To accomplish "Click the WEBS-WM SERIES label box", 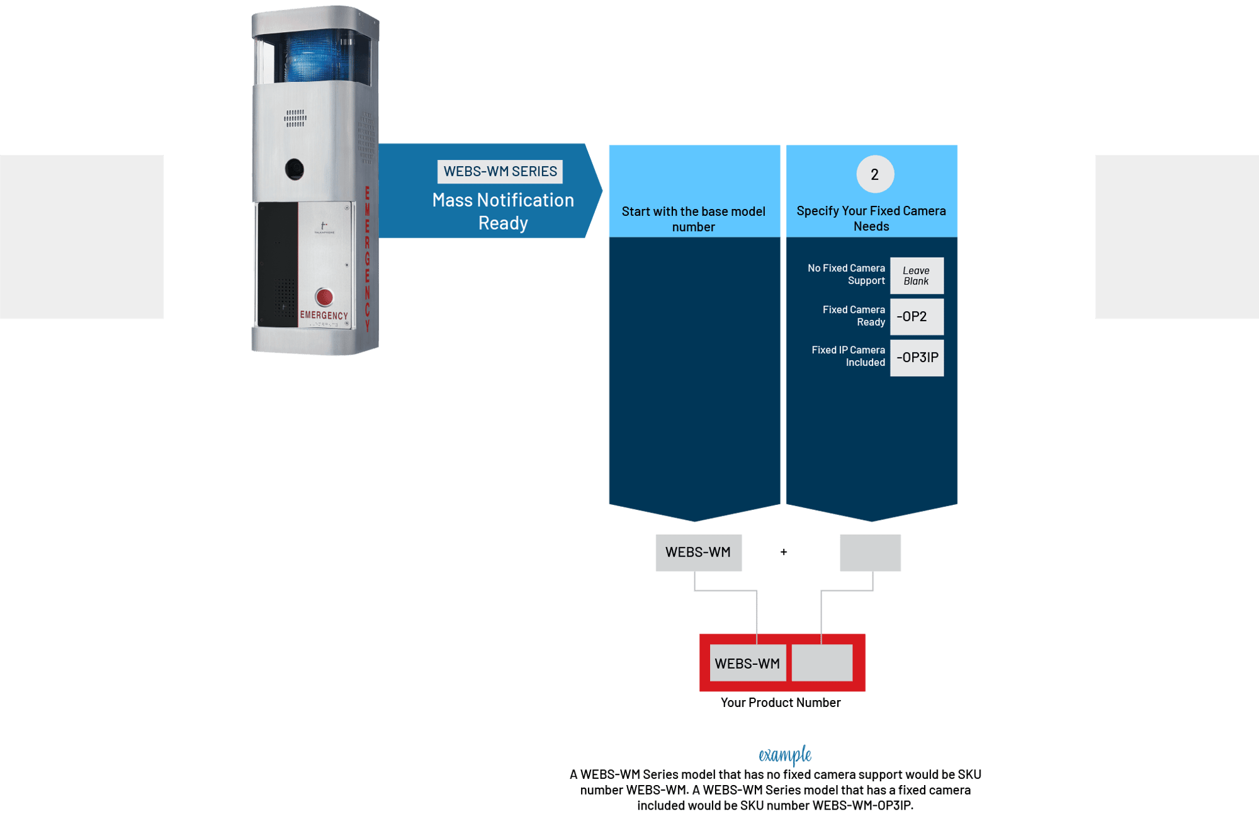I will pyautogui.click(x=500, y=171).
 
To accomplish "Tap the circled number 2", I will pyautogui.click(x=875, y=174).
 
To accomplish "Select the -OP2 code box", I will pyautogui.click(x=917, y=317).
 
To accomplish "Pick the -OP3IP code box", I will pyautogui.click(x=917, y=358).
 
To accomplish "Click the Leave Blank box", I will pyautogui.click(x=917, y=276).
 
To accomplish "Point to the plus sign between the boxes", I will pyautogui.click(x=784, y=552).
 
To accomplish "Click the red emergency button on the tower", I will pyautogui.click(x=324, y=297).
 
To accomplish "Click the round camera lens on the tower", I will pyautogui.click(x=294, y=169).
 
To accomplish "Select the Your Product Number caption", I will pyautogui.click(x=780, y=703).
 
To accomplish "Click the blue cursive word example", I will pyautogui.click(x=784, y=754).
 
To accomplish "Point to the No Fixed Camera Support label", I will pyautogui.click(x=846, y=274).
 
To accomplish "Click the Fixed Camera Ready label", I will pyautogui.click(x=854, y=316).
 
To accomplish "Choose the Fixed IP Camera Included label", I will pyautogui.click(x=848, y=356).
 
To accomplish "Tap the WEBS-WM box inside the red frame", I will pyautogui.click(x=747, y=664).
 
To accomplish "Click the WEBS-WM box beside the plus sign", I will pyautogui.click(x=698, y=553).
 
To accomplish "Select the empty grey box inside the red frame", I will pyautogui.click(x=821, y=663).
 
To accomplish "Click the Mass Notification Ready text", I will pyautogui.click(x=503, y=212).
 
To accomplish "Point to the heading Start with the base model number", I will pyautogui.click(x=694, y=219).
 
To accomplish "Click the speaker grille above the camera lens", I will pyautogui.click(x=295, y=118).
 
